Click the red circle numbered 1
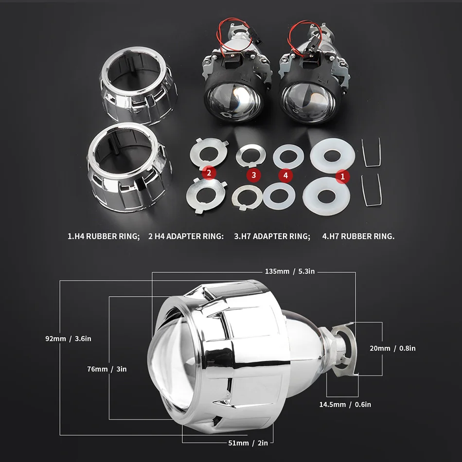[342, 177]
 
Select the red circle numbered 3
[253, 174]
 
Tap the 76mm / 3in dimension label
[104, 369]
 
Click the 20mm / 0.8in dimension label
[393, 348]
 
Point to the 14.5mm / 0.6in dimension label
[345, 404]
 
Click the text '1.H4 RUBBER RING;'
[104, 237]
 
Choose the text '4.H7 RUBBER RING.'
[358, 237]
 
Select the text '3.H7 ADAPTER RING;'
[272, 237]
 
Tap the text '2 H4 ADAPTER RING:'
[186, 237]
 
